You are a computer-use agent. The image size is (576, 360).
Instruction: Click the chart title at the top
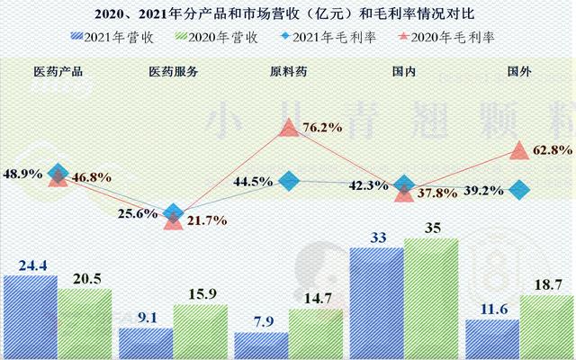(x=288, y=13)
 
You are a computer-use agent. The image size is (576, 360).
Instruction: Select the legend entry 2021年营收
(x=112, y=36)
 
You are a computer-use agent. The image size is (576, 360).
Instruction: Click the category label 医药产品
(x=58, y=71)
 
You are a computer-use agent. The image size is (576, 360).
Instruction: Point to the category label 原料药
(x=288, y=71)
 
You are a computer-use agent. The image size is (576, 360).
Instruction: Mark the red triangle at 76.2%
(x=288, y=129)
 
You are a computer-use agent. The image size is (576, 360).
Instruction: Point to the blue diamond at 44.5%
(x=289, y=181)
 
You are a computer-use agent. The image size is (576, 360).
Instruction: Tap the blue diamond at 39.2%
(x=518, y=189)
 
